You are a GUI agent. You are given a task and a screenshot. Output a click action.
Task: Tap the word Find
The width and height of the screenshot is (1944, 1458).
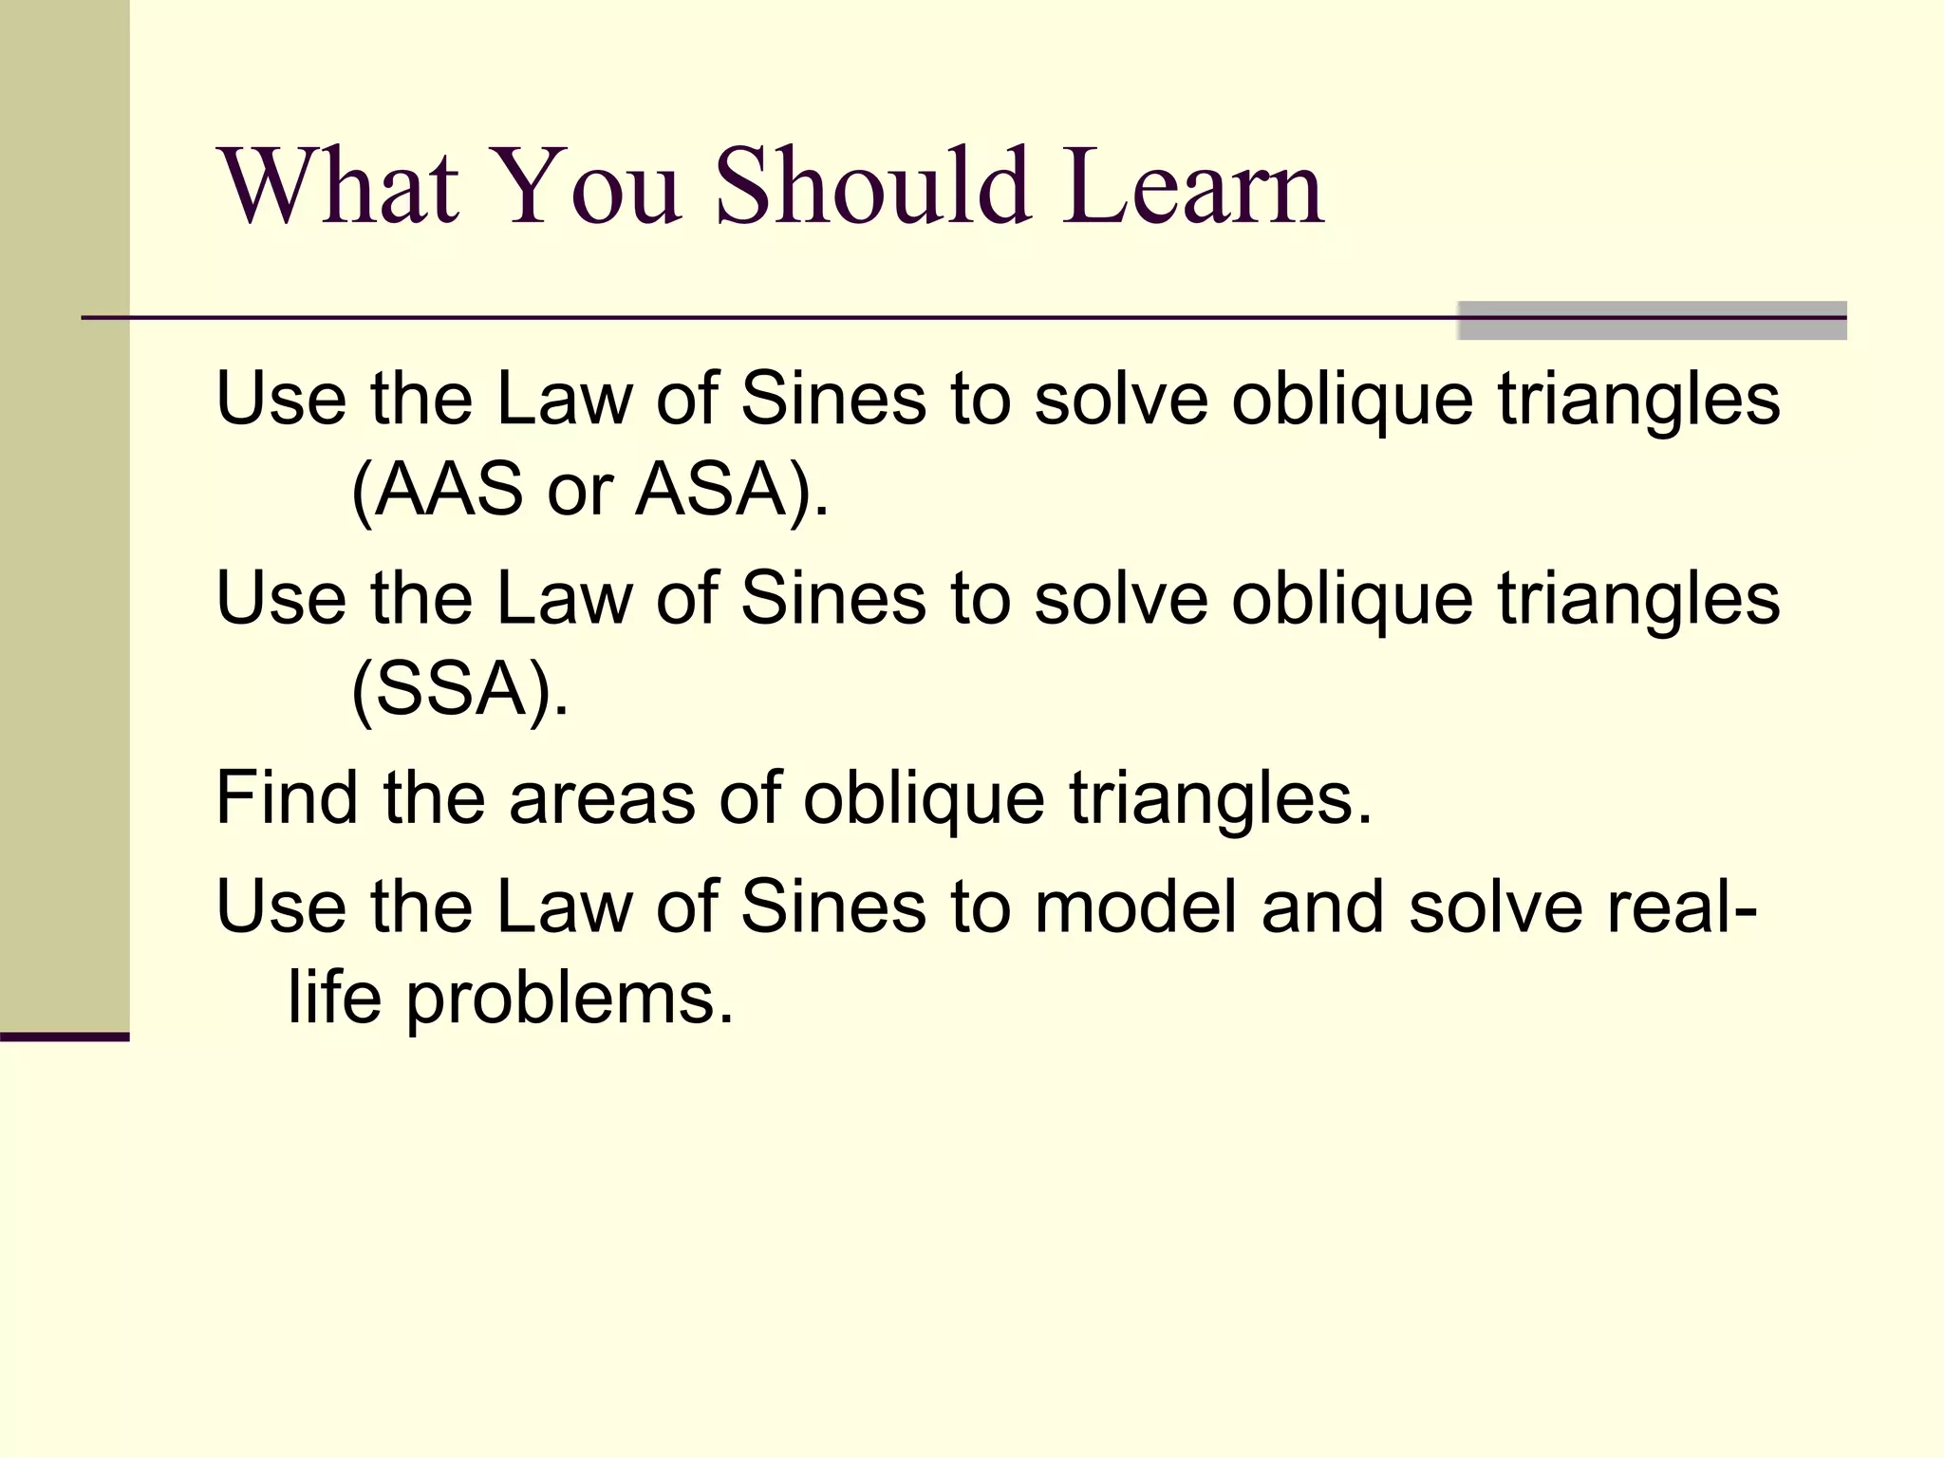(x=287, y=797)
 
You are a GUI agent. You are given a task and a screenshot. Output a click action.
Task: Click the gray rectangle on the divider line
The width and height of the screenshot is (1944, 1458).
(x=1652, y=320)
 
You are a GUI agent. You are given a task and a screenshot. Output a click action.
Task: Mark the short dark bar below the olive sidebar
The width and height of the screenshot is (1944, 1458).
(x=65, y=1037)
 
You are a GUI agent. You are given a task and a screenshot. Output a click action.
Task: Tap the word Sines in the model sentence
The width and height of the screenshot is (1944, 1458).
(x=832, y=907)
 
